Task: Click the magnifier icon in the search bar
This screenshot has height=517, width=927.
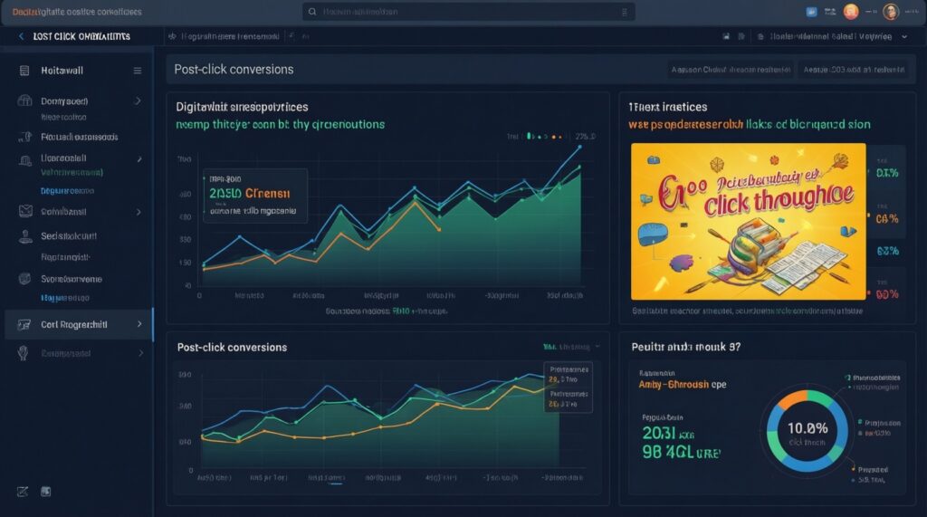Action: click(313, 12)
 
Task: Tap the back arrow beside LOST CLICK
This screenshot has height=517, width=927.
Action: click(21, 36)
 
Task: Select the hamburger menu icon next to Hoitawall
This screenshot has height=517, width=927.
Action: click(138, 70)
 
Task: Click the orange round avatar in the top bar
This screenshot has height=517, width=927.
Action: click(850, 12)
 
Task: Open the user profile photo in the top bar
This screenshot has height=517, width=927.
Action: click(889, 12)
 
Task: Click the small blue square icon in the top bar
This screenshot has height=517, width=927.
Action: click(811, 12)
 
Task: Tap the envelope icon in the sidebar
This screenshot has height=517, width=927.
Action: click(24, 211)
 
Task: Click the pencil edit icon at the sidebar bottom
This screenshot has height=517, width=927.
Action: click(23, 492)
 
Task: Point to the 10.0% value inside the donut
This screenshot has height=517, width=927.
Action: click(808, 427)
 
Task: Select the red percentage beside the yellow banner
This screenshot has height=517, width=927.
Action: click(886, 294)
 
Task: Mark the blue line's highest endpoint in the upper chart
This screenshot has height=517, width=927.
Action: click(579, 146)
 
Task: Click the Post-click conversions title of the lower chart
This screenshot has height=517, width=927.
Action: click(232, 347)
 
